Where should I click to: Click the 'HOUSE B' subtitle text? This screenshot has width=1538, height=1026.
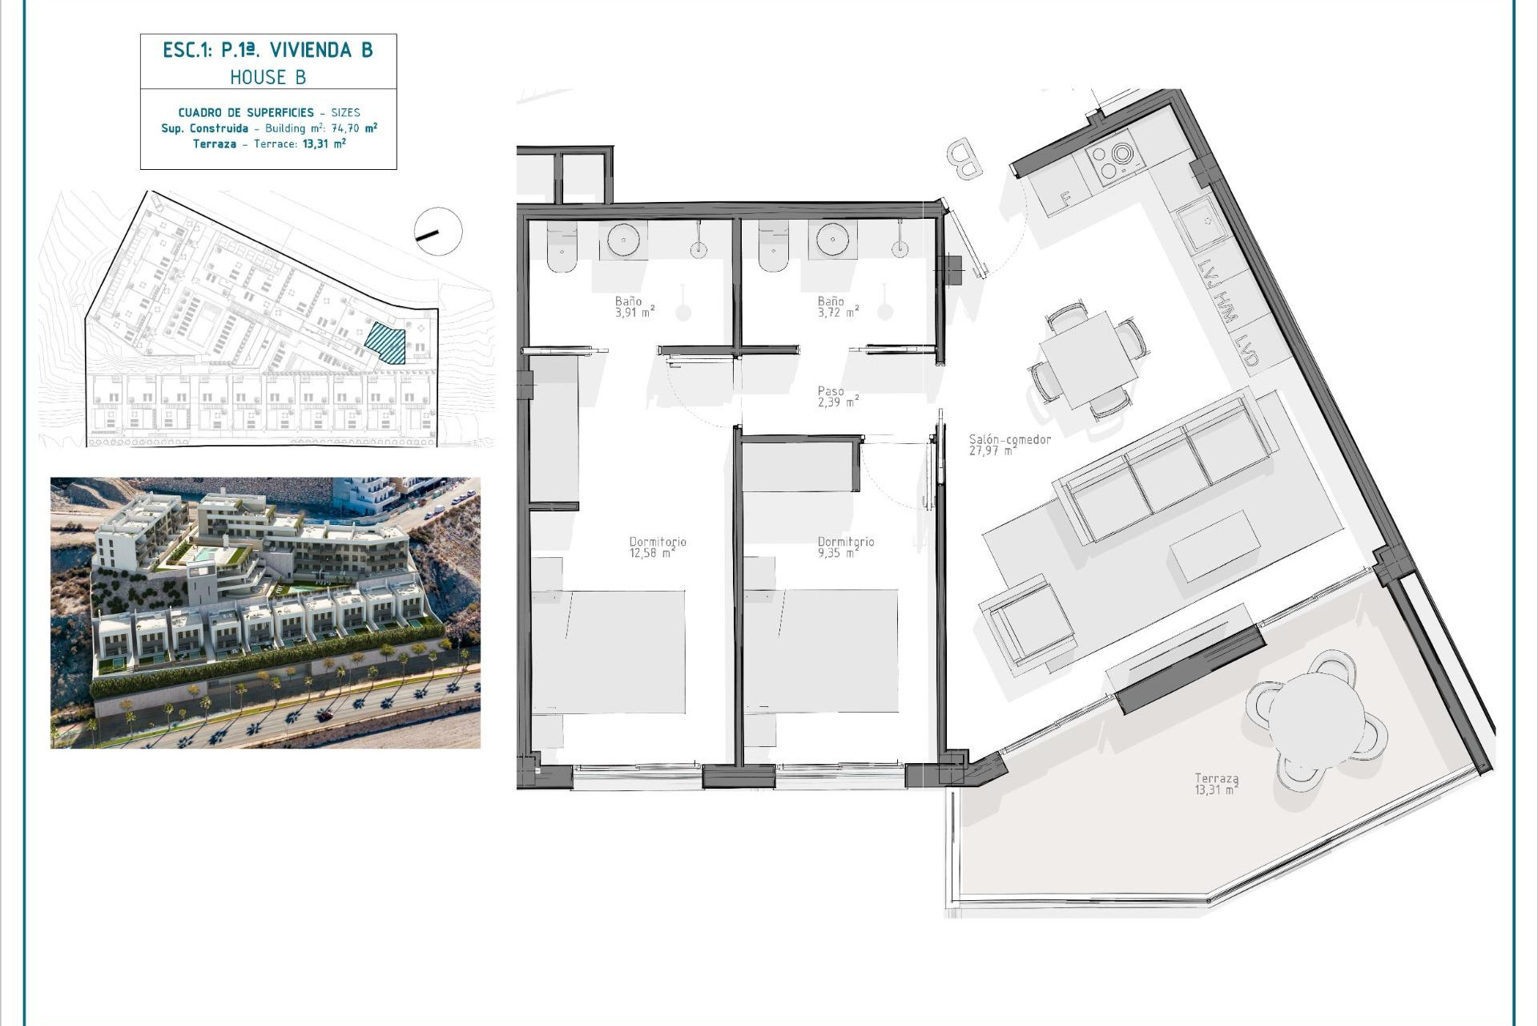(268, 77)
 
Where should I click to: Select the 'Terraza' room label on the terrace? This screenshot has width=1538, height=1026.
(1216, 778)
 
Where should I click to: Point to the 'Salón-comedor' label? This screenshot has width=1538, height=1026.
(1009, 439)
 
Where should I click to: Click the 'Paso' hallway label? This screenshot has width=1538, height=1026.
(831, 391)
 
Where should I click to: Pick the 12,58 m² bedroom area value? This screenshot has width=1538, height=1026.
(652, 553)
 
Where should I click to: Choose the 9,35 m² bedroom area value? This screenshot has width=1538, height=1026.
(838, 553)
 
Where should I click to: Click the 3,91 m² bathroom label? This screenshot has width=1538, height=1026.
(634, 313)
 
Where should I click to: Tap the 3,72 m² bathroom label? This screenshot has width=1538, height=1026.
(838, 313)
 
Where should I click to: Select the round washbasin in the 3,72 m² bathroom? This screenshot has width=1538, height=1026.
(832, 239)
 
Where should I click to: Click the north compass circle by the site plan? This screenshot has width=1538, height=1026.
(438, 232)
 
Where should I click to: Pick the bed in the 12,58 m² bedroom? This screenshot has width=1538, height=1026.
(609, 651)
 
